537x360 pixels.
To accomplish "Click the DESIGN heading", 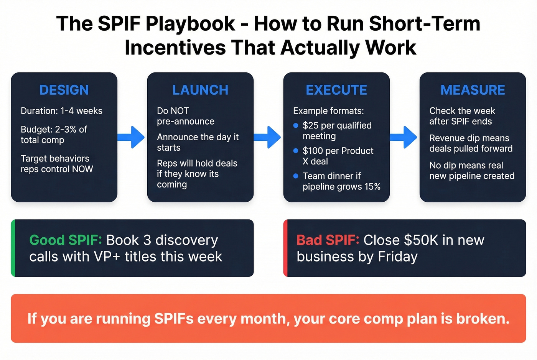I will point(64,90).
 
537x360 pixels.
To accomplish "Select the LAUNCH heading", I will point(200,90).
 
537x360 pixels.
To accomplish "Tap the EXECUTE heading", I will point(336,90).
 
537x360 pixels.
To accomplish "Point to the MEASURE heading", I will point(473,90).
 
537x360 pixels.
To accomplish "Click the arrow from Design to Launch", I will point(132,137).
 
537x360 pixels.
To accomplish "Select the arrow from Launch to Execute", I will point(268,137).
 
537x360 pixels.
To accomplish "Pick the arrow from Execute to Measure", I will point(404,137).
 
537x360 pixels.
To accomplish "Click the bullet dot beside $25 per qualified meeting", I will point(296,125).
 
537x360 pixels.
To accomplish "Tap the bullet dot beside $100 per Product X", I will point(296,151).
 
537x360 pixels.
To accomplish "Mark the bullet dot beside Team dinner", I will point(296,176).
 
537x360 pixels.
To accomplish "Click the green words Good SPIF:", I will point(66,240).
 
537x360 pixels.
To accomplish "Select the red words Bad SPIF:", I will point(328,240).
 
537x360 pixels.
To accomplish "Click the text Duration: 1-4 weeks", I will point(61,111).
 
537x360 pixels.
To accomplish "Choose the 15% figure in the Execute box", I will point(372,187).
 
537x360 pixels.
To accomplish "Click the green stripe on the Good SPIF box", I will point(13,248).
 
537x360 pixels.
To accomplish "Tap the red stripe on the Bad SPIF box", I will point(285,248).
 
